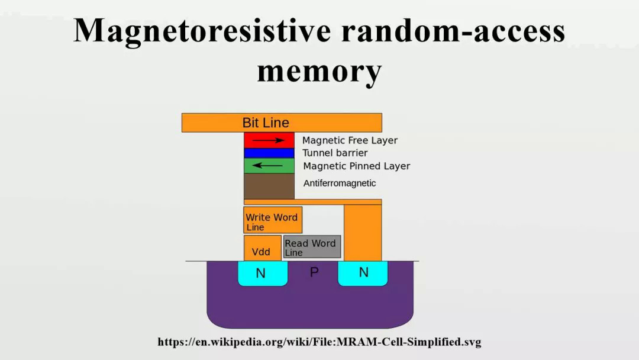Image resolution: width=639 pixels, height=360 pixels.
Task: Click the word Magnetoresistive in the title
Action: point(202,31)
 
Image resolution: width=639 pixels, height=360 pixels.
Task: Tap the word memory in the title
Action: point(319,71)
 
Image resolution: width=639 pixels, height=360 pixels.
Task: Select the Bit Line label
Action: point(266,123)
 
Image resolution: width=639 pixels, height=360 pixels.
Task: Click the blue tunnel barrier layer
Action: point(269,153)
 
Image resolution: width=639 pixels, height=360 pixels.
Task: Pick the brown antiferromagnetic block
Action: point(269,186)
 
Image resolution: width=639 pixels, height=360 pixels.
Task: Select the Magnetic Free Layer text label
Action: point(350,140)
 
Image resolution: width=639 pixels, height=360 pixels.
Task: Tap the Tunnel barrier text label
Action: point(335,153)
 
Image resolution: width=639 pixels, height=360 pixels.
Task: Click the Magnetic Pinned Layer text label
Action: point(356,166)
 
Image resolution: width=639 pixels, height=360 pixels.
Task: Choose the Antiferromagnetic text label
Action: point(340,184)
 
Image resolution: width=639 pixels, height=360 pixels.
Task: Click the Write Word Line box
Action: point(272,220)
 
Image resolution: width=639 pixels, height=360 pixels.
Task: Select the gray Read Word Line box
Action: point(312,247)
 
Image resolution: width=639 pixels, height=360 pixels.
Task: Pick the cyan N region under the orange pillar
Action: point(363,272)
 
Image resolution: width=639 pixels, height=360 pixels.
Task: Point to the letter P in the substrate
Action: point(314,272)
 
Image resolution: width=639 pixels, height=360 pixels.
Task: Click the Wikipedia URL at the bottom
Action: point(319,342)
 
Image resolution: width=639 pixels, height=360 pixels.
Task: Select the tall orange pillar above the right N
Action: point(362,232)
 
